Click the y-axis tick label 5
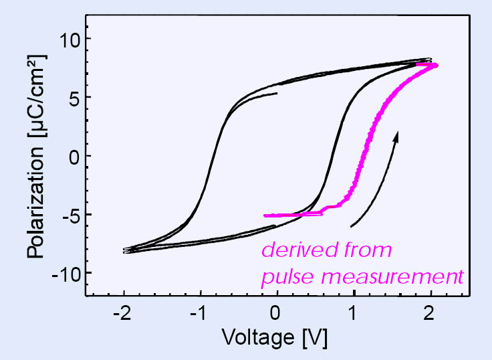click(72, 98)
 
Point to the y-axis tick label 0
click(72, 156)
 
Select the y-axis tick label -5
click(67, 215)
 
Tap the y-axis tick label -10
click(62, 273)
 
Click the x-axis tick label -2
click(123, 313)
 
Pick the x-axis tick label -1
click(200, 313)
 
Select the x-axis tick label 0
click(277, 313)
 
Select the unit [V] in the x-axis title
click(313, 339)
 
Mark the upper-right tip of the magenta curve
click(436, 65)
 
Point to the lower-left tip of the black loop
click(124, 252)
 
